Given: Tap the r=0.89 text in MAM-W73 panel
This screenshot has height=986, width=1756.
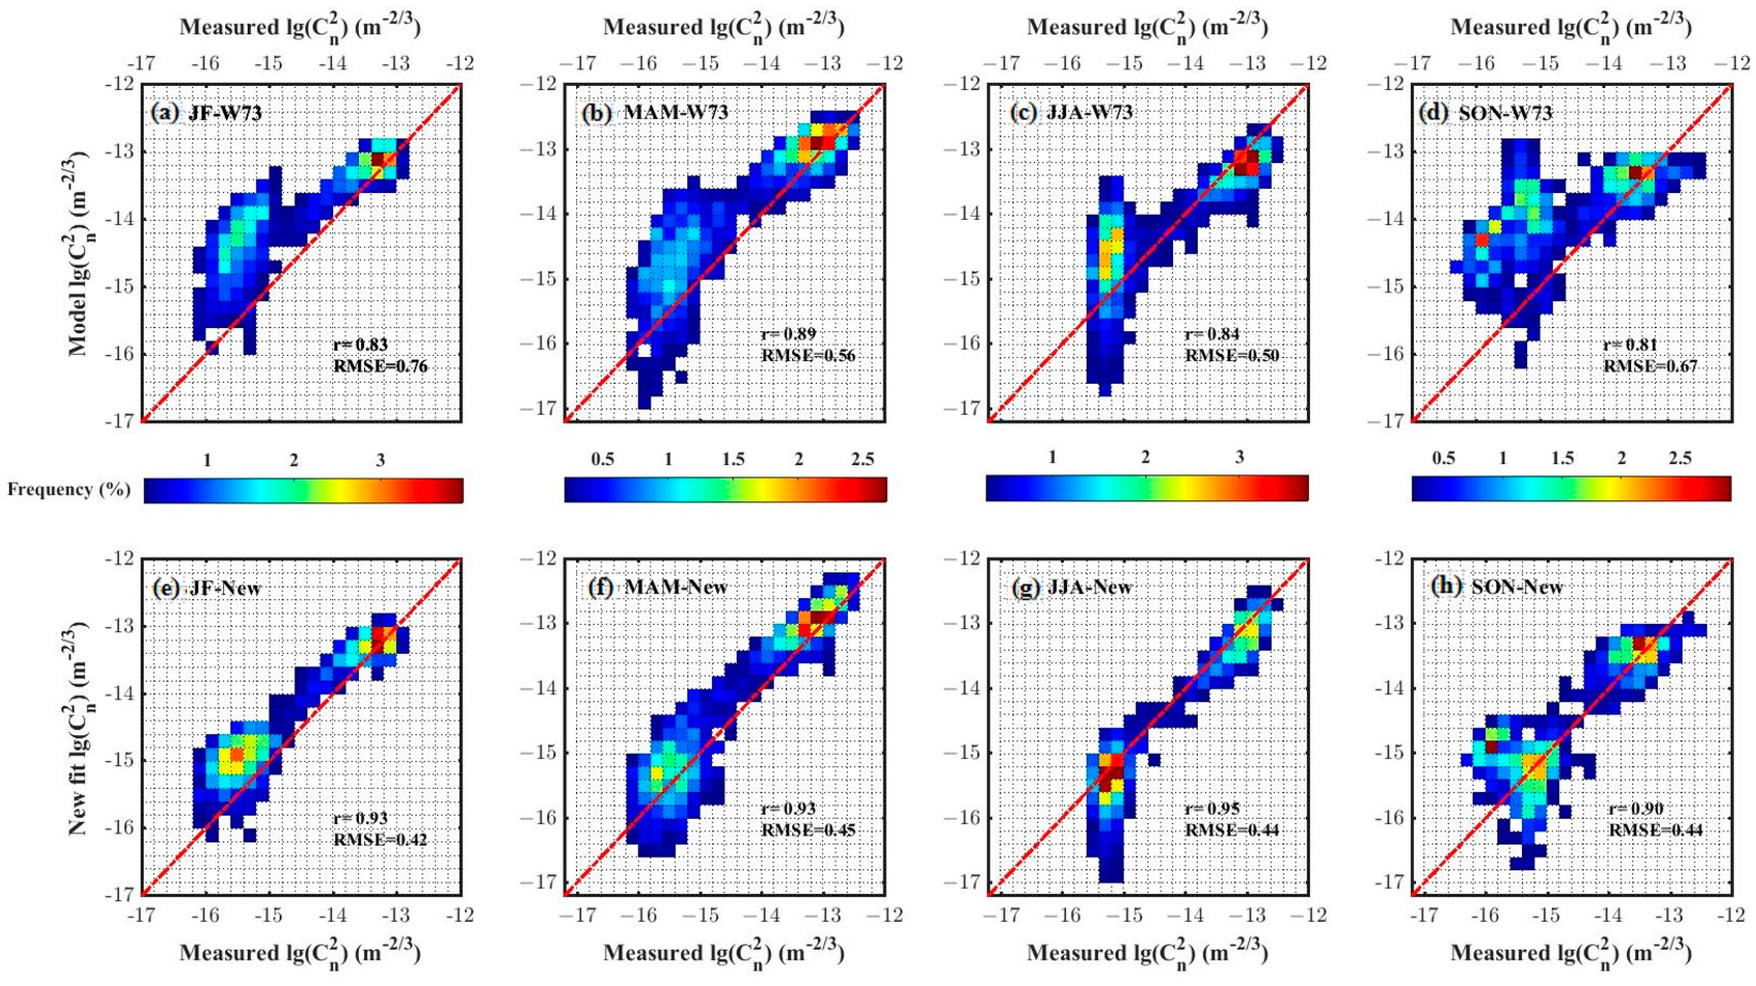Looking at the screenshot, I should point(788,334).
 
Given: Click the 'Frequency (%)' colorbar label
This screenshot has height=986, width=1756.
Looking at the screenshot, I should point(69,490).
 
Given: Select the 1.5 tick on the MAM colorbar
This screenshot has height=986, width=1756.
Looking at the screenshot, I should point(733,460).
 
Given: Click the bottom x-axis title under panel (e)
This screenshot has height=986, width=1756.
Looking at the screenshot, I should point(300,953).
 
